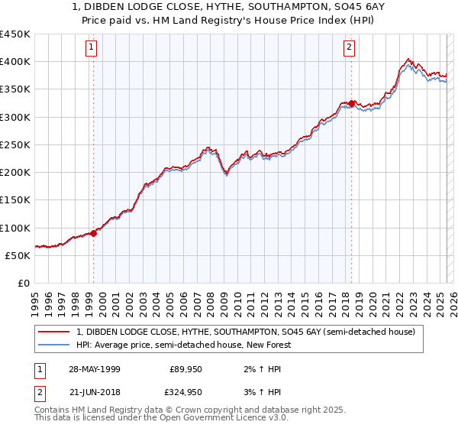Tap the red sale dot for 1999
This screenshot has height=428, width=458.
click(x=94, y=233)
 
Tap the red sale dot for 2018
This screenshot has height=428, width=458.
click(x=351, y=103)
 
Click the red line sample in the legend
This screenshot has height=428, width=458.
click(x=55, y=332)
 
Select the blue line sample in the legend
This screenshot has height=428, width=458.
click(x=55, y=345)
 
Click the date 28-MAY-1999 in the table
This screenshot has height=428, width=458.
click(x=97, y=368)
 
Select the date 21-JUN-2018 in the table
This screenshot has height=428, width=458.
click(x=96, y=391)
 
